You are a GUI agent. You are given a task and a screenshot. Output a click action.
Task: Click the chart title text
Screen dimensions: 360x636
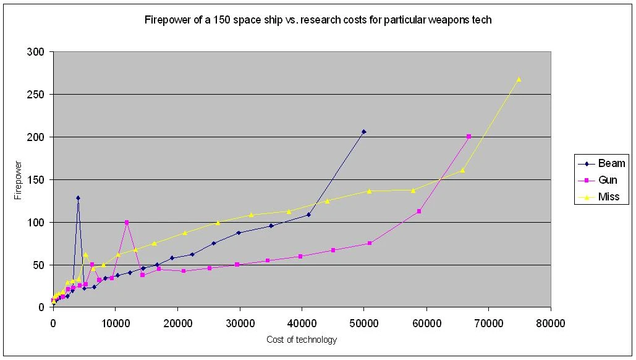(x=318, y=20)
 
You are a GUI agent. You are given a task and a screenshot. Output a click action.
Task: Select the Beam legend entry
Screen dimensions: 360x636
(x=610, y=163)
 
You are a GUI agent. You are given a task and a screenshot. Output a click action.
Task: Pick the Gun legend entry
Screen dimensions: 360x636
(x=608, y=180)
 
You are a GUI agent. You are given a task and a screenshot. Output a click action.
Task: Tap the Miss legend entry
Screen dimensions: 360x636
(x=608, y=197)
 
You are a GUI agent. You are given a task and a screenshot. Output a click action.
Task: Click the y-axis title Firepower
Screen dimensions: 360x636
(x=18, y=180)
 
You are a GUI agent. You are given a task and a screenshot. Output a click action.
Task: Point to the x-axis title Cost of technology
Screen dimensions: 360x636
(x=302, y=340)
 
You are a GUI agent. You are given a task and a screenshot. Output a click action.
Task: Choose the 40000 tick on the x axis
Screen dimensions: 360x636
(x=302, y=322)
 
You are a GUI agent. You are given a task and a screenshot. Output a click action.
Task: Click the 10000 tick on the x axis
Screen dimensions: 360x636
(x=115, y=322)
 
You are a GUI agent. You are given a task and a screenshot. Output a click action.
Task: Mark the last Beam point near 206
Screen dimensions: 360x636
(x=364, y=132)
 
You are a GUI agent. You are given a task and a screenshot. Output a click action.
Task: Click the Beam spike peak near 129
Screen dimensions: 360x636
(x=78, y=198)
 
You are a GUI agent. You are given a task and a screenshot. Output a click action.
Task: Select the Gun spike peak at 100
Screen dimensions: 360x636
(x=127, y=223)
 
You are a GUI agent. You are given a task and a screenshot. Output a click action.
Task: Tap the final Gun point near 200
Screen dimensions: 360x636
(x=469, y=136)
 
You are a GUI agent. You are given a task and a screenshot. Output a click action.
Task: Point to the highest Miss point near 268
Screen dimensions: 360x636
(x=519, y=79)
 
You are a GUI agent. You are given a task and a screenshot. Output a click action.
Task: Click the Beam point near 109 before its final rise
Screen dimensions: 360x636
(x=308, y=215)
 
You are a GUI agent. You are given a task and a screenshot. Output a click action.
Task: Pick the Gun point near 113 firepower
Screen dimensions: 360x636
(x=419, y=212)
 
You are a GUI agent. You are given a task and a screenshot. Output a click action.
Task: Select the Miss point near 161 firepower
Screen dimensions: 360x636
(x=462, y=170)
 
